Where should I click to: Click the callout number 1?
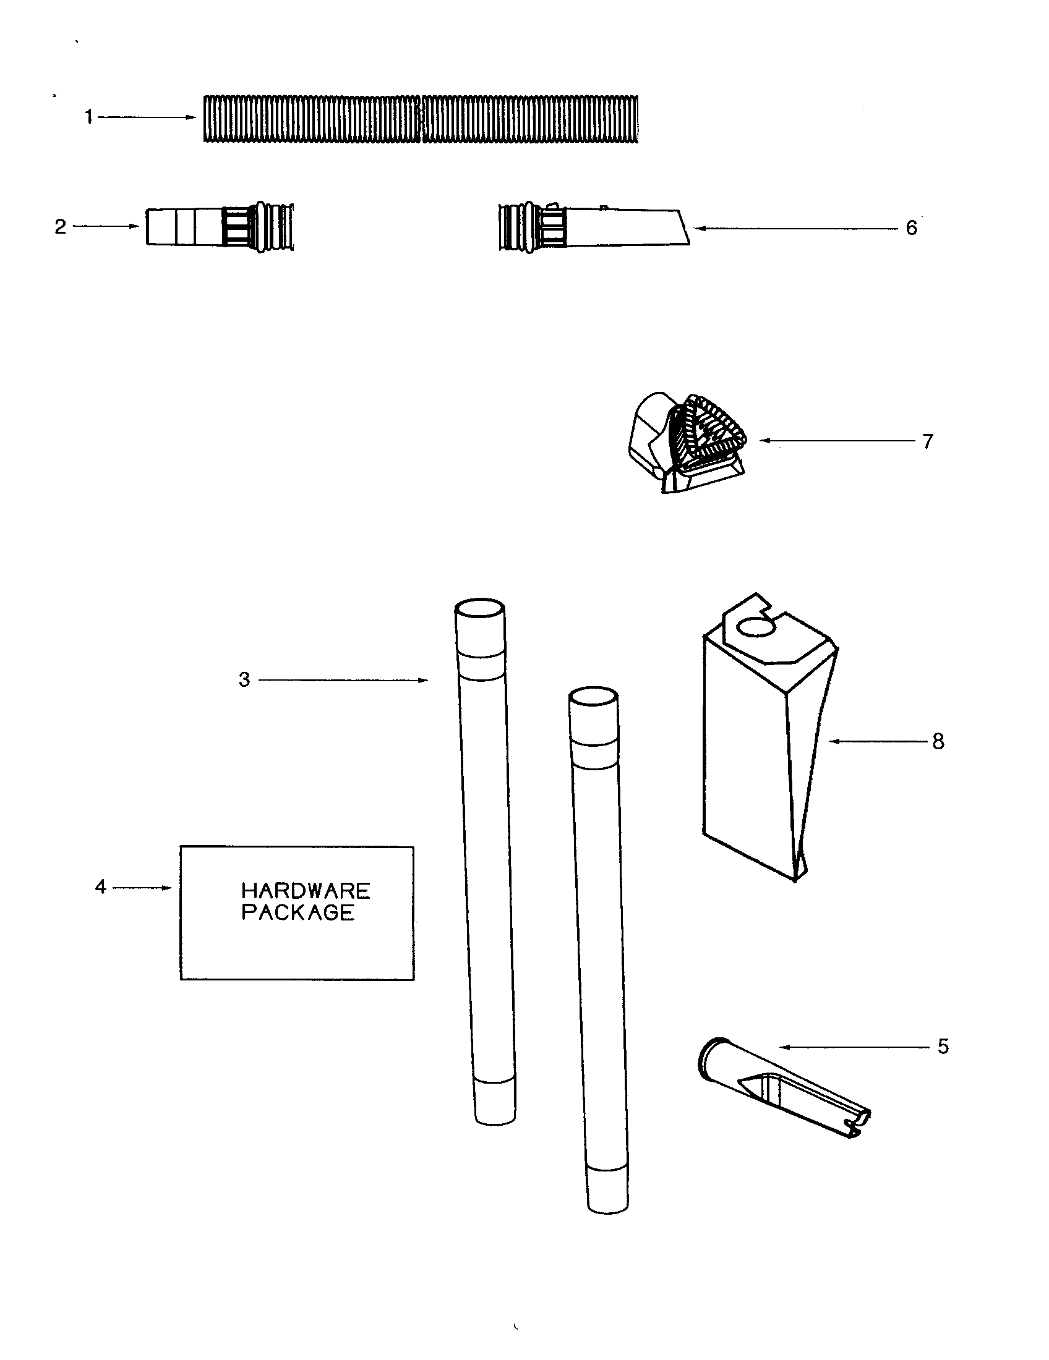(89, 117)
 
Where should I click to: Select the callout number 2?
(61, 227)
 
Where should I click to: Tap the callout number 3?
(244, 679)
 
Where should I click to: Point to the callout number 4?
(101, 886)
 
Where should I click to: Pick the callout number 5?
(943, 1047)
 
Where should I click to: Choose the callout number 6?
(911, 228)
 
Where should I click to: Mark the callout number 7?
(928, 441)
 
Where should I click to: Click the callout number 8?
(938, 741)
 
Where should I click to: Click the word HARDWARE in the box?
(305, 890)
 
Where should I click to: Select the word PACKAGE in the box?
(298, 913)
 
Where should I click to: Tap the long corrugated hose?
(421, 119)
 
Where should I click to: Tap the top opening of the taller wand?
(478, 608)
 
